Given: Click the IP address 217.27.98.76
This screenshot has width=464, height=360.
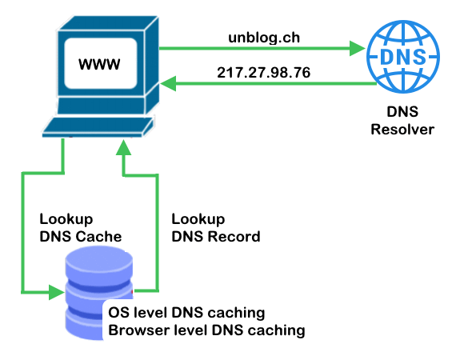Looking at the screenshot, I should [263, 72].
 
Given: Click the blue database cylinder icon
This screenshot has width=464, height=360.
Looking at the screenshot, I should [98, 292].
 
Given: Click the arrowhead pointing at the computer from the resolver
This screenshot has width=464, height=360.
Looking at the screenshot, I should [168, 82].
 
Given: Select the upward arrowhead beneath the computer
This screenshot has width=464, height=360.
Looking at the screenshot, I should [123, 147].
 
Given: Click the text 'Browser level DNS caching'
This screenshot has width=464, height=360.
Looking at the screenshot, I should [206, 329].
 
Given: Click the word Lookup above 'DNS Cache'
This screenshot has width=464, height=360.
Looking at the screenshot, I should [66, 219].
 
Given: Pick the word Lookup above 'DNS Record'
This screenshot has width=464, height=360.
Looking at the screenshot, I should [198, 219].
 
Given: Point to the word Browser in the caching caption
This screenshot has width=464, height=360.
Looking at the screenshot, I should [134, 329].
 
